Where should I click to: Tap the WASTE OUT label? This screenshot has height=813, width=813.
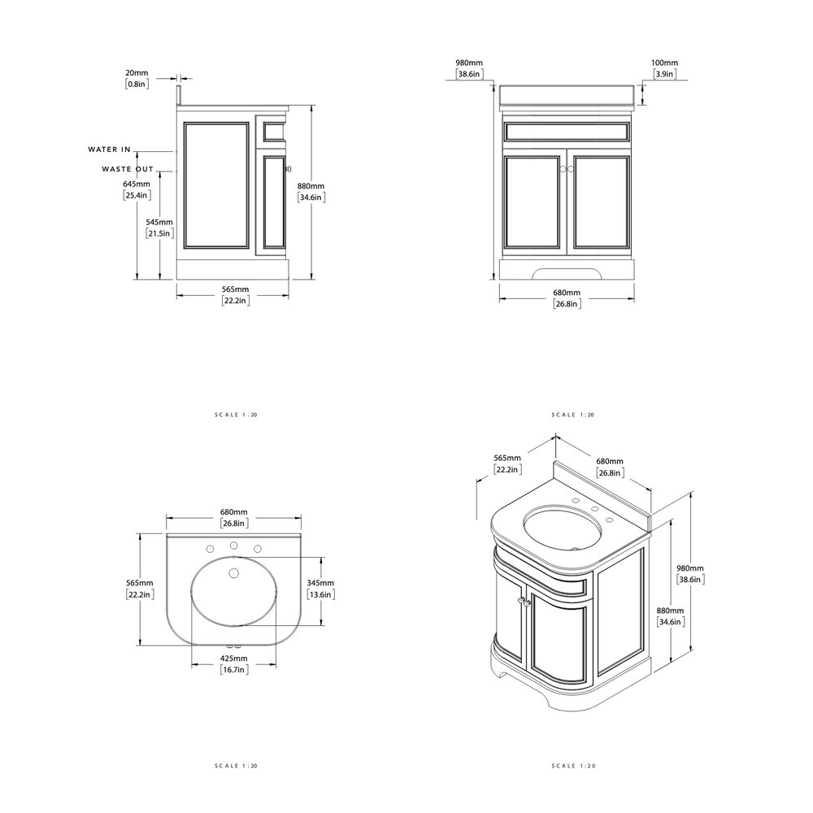click(128, 169)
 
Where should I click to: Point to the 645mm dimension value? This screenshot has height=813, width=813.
click(137, 184)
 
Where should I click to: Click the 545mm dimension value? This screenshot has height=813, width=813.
click(159, 222)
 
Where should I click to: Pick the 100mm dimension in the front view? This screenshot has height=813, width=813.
click(664, 63)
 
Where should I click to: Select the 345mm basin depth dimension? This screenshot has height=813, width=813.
click(320, 583)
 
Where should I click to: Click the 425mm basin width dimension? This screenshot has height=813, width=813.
click(234, 659)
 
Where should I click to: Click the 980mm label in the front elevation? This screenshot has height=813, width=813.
click(470, 63)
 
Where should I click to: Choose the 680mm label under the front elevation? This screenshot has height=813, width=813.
click(566, 293)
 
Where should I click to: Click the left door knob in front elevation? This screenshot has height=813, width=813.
click(560, 168)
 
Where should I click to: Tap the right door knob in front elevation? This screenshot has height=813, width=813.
click(571, 168)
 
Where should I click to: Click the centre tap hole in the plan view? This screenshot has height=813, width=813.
click(234, 546)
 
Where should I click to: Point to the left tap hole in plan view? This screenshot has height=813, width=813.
click(210, 550)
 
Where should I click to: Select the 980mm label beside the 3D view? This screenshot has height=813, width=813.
click(691, 568)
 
